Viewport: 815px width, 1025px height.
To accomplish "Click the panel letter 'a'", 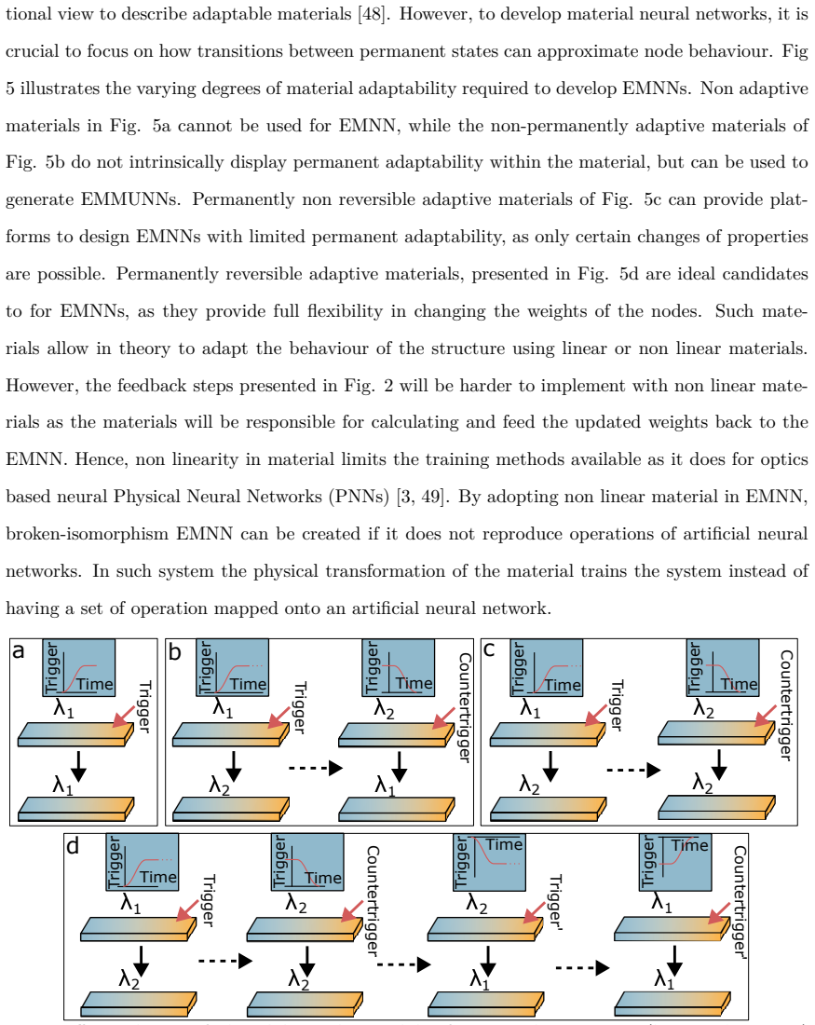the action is point(19,651).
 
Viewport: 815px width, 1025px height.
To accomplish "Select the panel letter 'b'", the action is point(175,651).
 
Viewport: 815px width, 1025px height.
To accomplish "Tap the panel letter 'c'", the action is point(489,649).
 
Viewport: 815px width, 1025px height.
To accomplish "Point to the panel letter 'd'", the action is point(72,845).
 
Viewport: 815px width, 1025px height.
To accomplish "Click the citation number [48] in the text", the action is point(374,14).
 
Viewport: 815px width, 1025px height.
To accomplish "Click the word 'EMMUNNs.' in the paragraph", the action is point(130,199).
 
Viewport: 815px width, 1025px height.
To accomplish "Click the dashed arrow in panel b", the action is point(317,768).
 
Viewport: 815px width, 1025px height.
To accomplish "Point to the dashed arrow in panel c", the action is point(633,770).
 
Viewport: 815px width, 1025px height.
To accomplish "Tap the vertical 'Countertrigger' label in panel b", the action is point(464,707).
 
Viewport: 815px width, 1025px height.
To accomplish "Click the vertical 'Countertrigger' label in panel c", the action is point(786,705).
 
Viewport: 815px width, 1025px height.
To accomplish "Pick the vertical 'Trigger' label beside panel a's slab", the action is point(144,706).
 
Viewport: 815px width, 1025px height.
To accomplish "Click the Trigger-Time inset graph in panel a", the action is point(79,667).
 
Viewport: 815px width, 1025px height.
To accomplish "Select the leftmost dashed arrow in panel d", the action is point(225,961).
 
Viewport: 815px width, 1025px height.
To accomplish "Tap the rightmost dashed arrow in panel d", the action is point(582,967).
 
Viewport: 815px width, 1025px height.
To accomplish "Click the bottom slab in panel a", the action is point(75,809).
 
